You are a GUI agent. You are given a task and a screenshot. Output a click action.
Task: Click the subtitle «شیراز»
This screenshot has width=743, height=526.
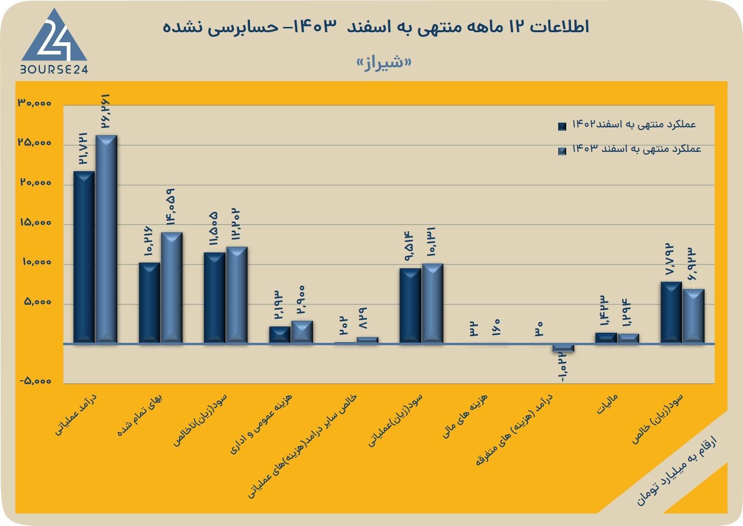click(x=384, y=63)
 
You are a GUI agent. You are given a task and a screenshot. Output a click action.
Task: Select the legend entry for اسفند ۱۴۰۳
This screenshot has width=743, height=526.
click(x=630, y=150)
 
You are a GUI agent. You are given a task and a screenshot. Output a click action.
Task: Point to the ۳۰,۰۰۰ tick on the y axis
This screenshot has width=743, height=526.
click(x=35, y=103)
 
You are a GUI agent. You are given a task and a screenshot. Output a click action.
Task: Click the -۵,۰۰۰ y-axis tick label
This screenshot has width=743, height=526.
click(x=36, y=381)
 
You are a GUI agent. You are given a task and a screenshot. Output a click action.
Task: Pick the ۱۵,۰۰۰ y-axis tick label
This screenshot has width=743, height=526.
click(x=36, y=222)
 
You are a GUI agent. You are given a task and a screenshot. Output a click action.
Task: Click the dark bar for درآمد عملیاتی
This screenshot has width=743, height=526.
click(x=84, y=257)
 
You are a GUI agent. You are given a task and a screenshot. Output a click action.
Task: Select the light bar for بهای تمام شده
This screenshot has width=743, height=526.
click(x=172, y=288)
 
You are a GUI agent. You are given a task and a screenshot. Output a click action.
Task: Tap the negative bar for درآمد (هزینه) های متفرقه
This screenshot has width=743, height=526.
click(x=563, y=348)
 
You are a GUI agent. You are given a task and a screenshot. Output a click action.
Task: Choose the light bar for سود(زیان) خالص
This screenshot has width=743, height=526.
click(x=694, y=316)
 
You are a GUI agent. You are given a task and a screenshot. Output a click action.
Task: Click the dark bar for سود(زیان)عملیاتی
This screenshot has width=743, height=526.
click(x=410, y=306)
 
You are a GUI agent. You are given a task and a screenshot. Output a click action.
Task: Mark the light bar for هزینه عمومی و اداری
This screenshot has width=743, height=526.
click(x=302, y=332)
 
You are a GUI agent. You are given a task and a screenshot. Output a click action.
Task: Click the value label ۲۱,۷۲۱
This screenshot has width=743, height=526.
click(x=83, y=148)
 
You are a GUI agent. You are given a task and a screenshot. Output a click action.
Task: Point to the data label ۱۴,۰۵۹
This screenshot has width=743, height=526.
click(x=171, y=207)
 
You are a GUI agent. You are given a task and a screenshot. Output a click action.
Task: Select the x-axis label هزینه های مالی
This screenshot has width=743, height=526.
click(x=465, y=416)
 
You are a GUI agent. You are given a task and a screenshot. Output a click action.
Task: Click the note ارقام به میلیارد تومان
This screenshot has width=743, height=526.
click(x=677, y=471)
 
